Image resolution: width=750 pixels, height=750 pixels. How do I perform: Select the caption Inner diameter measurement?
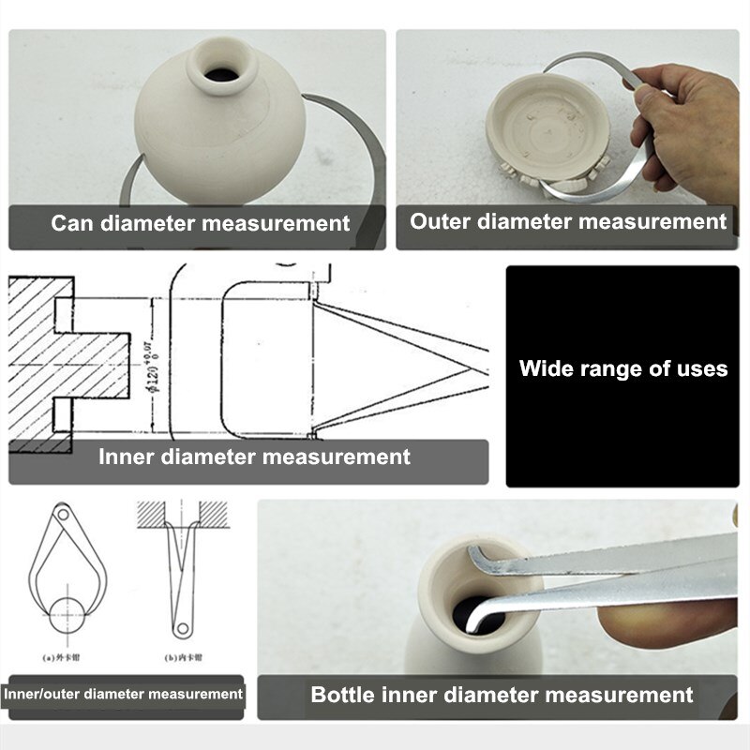coord(254,457)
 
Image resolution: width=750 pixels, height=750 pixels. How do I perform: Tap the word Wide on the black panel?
coord(547,368)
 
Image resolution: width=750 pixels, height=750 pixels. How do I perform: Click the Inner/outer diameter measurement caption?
coord(123,695)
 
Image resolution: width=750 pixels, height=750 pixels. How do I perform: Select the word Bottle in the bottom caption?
coord(343,695)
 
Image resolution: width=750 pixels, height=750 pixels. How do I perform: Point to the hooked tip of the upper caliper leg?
coord(474,560)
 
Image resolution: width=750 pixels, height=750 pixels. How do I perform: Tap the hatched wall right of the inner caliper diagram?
coord(214,514)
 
